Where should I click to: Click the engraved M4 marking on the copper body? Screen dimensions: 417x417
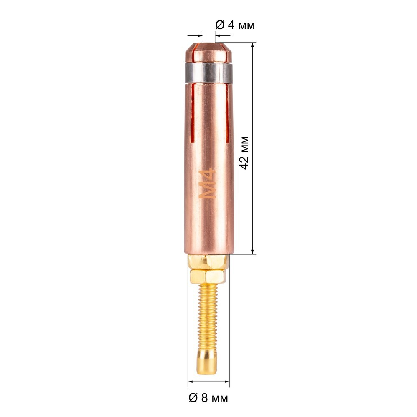click(207, 183)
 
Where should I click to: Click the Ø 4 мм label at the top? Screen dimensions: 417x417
click(235, 25)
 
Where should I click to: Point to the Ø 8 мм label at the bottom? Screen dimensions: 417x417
click(208, 398)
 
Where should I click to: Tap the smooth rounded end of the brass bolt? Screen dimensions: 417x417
click(208, 360)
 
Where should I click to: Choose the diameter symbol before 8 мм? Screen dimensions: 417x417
click(193, 398)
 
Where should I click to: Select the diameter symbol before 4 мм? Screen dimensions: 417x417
click(219, 25)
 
